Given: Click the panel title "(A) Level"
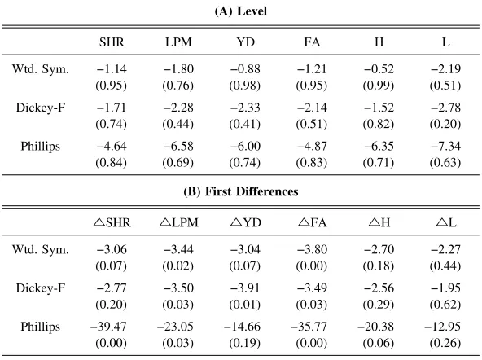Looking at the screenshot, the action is (x=241, y=11).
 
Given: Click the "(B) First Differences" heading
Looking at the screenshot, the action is (x=241, y=191).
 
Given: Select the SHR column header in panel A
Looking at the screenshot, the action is (x=112, y=42).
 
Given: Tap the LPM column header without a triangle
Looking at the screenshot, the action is (x=178, y=42).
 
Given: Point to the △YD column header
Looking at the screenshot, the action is (x=246, y=222).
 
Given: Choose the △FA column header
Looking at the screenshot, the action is (x=313, y=222).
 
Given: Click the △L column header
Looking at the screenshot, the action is (x=446, y=222).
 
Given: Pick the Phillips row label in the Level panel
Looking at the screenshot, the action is (x=40, y=146).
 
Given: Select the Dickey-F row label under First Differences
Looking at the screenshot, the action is (x=41, y=288).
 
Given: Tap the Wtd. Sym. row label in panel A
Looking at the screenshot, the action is (x=41, y=69).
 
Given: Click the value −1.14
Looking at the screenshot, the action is (x=112, y=69).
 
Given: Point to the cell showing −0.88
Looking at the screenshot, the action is (x=245, y=69).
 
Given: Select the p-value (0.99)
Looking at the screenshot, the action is (x=379, y=86).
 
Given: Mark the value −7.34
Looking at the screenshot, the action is (x=445, y=146).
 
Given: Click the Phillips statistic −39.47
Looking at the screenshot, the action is (x=108, y=327).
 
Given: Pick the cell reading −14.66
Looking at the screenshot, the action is (x=243, y=327).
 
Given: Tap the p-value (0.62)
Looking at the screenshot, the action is (x=445, y=305).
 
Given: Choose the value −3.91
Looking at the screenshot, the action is (x=245, y=288).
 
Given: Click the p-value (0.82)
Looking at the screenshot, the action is (x=379, y=124).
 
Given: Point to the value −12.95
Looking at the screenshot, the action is (x=443, y=327).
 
